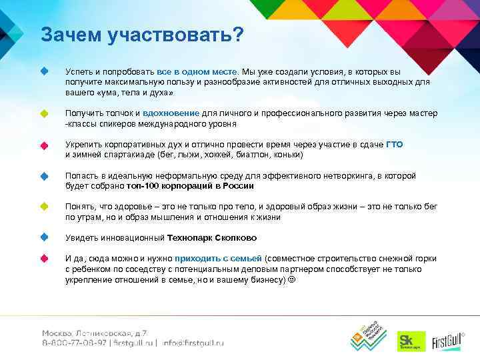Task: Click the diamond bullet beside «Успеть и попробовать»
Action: (44, 71)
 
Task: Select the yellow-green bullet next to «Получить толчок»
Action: (44, 114)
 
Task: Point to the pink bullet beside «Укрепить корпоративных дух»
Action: (44, 145)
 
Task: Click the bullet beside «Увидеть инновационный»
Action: (44, 237)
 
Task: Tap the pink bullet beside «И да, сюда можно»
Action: (44, 258)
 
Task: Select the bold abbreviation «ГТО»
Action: (395, 145)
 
